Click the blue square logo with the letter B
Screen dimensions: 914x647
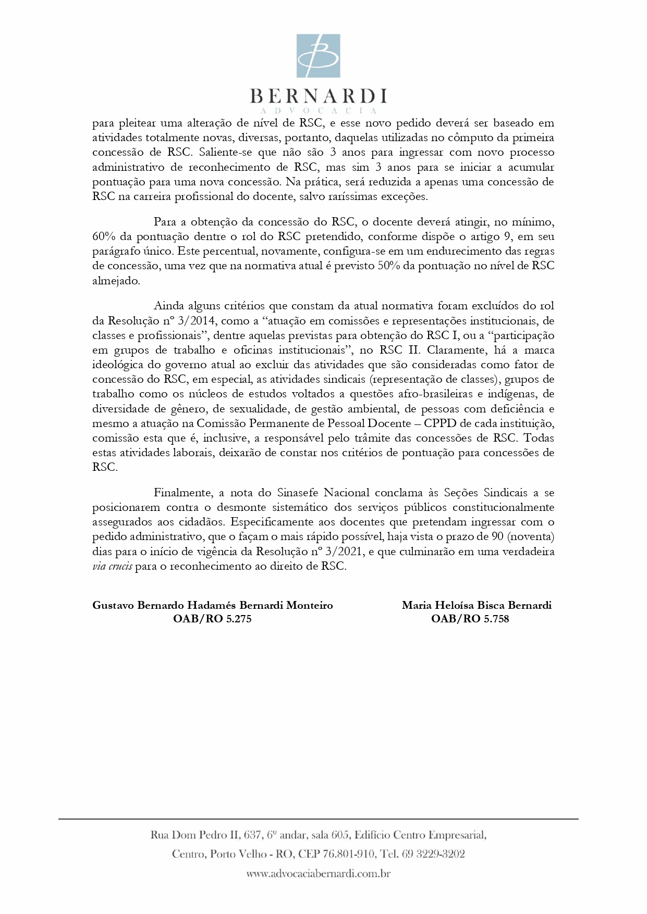pos(318,56)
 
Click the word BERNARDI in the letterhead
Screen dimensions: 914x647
pos(318,96)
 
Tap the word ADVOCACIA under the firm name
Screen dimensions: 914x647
pos(318,111)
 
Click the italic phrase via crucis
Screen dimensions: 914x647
pos(112,566)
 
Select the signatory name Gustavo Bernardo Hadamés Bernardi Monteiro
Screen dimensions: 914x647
pos(213,605)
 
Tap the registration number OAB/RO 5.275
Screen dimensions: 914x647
pos(212,619)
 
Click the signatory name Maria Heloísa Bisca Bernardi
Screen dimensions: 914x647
pos(477,605)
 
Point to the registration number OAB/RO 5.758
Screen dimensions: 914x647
pos(470,619)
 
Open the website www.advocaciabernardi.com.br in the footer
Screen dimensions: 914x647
pos(318,874)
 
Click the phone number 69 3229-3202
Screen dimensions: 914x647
pos(433,854)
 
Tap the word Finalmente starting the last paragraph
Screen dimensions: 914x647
pos(183,493)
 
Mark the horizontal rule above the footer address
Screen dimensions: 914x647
pos(318,819)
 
